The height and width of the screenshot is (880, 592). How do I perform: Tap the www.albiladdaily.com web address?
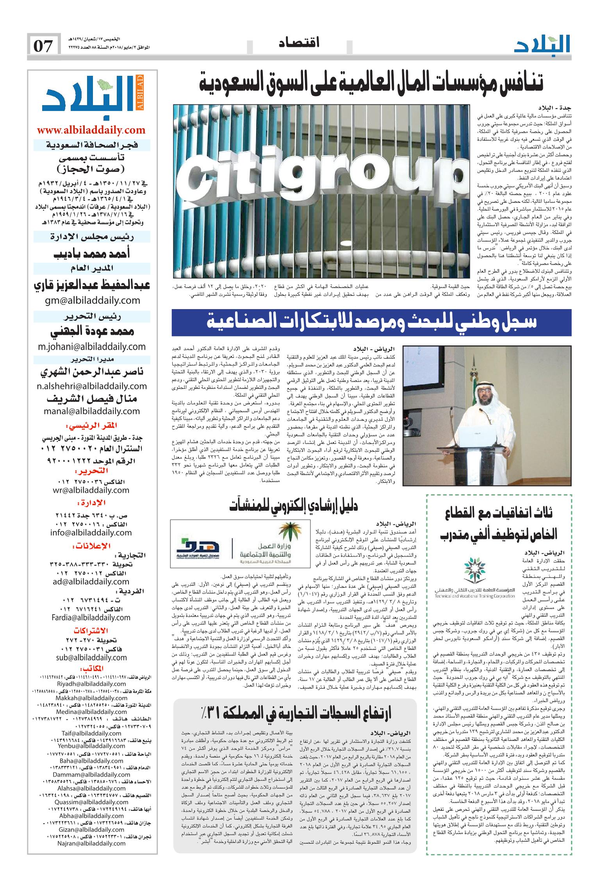91,130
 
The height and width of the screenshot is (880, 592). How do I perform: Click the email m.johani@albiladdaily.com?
92,346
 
